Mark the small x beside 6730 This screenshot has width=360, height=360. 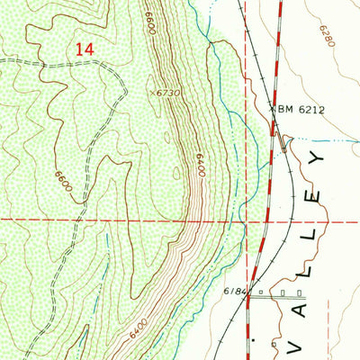(x=152, y=92)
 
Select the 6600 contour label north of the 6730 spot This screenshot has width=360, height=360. (x=149, y=22)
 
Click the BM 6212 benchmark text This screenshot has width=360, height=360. (x=300, y=110)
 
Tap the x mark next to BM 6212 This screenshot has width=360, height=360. (x=274, y=110)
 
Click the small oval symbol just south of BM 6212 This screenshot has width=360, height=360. (x=286, y=139)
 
